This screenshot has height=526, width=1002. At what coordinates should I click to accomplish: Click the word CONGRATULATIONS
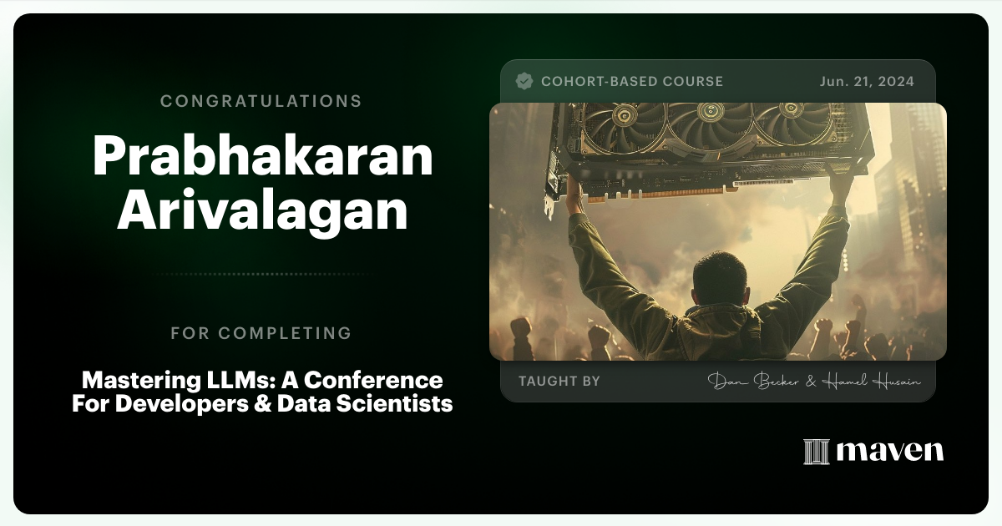coord(261,101)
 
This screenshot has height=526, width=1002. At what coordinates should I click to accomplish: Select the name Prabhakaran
coord(262,156)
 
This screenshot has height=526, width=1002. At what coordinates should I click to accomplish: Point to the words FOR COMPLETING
coord(261,333)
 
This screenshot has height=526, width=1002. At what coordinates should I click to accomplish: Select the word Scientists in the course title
coord(405,405)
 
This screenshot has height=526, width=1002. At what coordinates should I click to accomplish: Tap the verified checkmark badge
coord(524,81)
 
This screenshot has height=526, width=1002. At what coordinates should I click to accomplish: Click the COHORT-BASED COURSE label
coord(632,82)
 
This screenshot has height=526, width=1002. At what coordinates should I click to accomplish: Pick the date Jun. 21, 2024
coord(867,82)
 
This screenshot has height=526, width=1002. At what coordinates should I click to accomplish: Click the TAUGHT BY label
coord(559,382)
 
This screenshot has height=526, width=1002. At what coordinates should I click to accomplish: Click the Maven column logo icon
coord(816,452)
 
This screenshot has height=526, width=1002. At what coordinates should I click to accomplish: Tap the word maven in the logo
coord(890,452)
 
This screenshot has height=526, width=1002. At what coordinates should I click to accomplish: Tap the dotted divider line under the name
coord(261,274)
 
